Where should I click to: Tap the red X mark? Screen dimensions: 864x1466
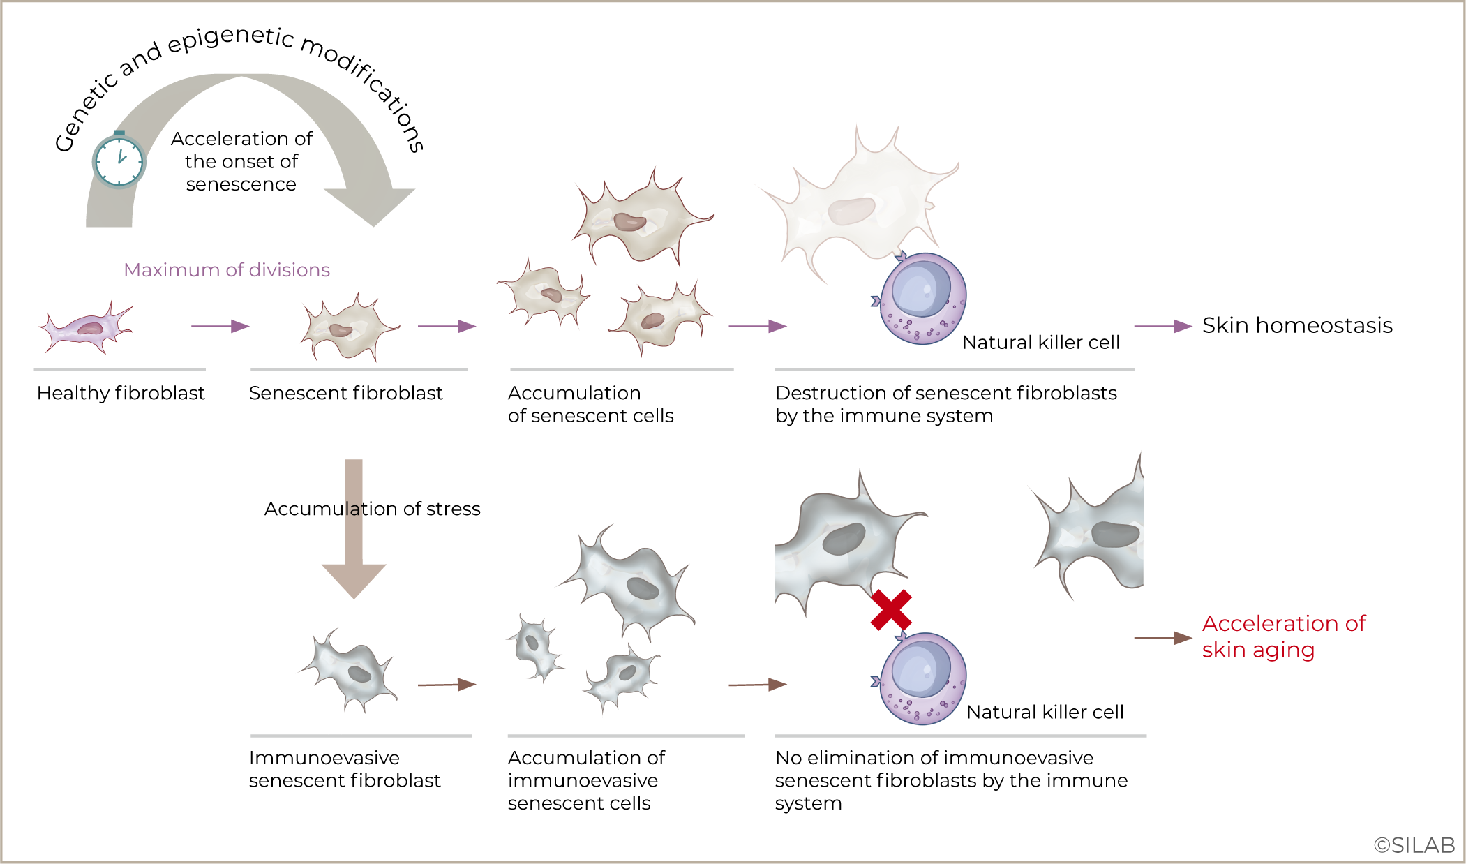891,610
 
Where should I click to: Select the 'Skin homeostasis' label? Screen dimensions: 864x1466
1296,325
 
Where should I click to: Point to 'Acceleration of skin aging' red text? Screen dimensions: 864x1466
1282,636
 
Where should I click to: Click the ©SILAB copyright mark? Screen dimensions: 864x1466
1414,845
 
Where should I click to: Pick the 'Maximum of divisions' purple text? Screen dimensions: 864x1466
227,270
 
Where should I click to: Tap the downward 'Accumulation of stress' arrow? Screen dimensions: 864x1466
354,530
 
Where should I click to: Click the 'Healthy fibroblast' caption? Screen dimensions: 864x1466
121,393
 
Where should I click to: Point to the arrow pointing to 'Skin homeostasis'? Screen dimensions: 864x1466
1162,326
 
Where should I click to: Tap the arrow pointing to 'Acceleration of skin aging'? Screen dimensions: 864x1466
1162,638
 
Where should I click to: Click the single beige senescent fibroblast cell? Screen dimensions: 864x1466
347,328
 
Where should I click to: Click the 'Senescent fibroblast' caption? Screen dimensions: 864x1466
345,393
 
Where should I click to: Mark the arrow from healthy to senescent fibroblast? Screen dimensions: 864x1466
220,326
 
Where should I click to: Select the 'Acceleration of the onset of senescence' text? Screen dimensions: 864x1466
241,161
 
